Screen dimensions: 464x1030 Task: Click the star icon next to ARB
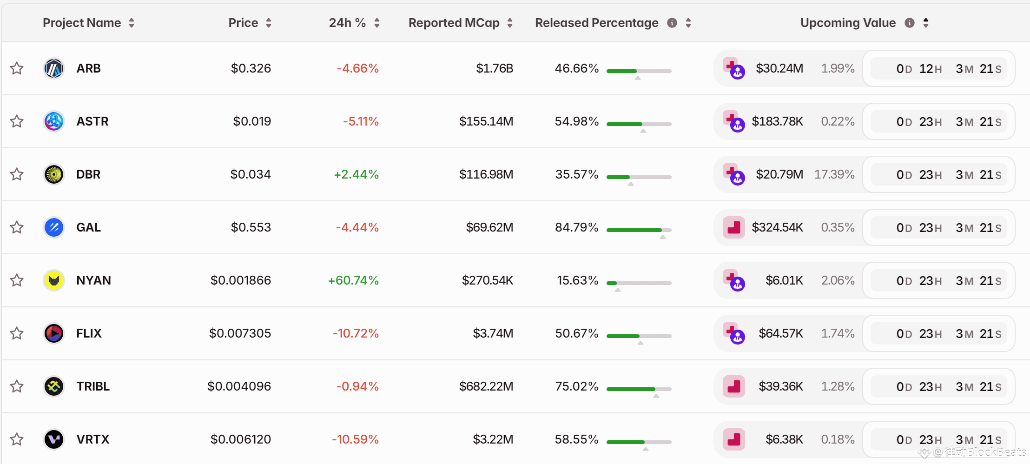[x=17, y=68]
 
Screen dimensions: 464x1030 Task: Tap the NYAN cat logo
[x=54, y=280]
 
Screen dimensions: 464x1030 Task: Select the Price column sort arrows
[x=269, y=23]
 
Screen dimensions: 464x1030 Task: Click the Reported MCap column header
[x=454, y=23]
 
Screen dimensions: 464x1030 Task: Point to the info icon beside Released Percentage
[x=672, y=23]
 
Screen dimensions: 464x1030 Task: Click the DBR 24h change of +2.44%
[x=356, y=174]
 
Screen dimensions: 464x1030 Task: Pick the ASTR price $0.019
[x=252, y=121]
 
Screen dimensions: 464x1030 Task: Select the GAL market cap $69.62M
[x=489, y=227]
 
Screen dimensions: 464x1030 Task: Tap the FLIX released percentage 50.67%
[x=576, y=333]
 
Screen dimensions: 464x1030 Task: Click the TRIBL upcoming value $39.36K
[x=781, y=386]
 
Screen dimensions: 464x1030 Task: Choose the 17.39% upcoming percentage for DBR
[x=834, y=174]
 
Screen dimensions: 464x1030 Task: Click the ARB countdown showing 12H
[x=931, y=69]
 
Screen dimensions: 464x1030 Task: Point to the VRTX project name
[x=93, y=439]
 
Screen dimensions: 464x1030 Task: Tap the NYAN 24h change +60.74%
[x=353, y=280]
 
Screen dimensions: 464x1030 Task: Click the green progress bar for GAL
[x=634, y=230]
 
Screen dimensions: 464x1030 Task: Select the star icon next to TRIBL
[x=17, y=386]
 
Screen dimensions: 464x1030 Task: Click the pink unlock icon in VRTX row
[x=734, y=439]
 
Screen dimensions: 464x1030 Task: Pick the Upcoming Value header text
[x=848, y=23]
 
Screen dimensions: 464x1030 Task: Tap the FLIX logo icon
[x=54, y=333]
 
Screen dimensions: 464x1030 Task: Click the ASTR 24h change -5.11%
[x=361, y=121]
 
